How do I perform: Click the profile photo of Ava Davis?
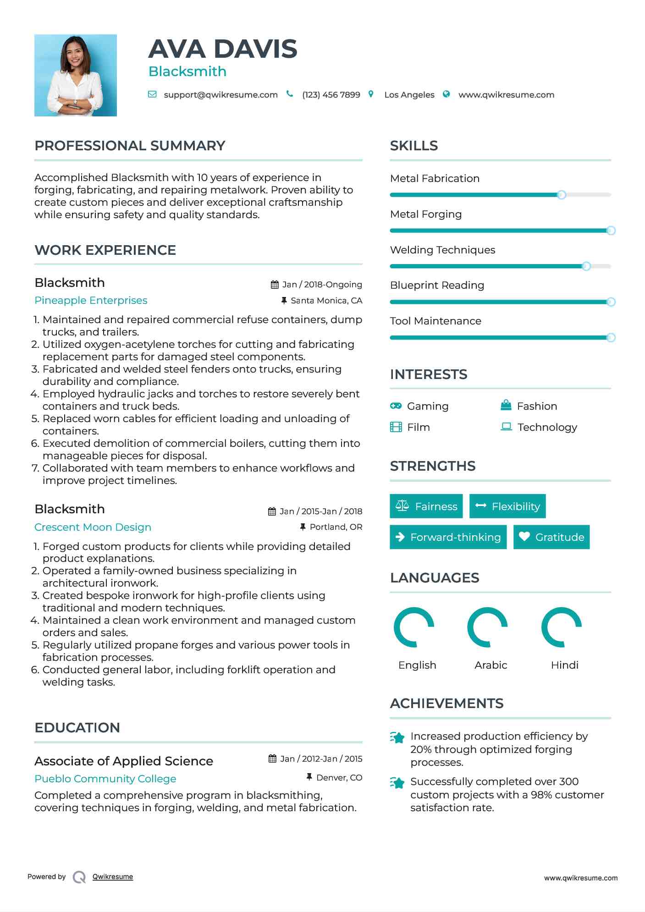click(75, 75)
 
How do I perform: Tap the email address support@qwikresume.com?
click(221, 95)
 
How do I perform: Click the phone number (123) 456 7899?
click(331, 95)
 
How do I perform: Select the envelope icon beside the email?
click(152, 94)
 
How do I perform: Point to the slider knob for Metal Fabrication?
click(562, 195)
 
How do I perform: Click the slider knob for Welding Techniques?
click(586, 266)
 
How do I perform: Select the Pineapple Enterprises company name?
click(91, 301)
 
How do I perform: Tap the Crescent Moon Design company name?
click(93, 527)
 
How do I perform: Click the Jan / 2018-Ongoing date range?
click(322, 285)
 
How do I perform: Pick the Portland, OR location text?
click(336, 527)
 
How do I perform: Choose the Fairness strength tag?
click(426, 506)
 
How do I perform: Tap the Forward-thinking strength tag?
click(448, 537)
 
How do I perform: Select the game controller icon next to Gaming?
click(396, 406)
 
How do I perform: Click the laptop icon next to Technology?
click(506, 427)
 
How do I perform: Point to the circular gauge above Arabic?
click(487, 627)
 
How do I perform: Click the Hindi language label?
click(564, 665)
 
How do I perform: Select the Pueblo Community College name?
click(105, 779)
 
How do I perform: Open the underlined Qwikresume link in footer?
click(113, 877)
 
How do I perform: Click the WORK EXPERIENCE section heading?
click(105, 250)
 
